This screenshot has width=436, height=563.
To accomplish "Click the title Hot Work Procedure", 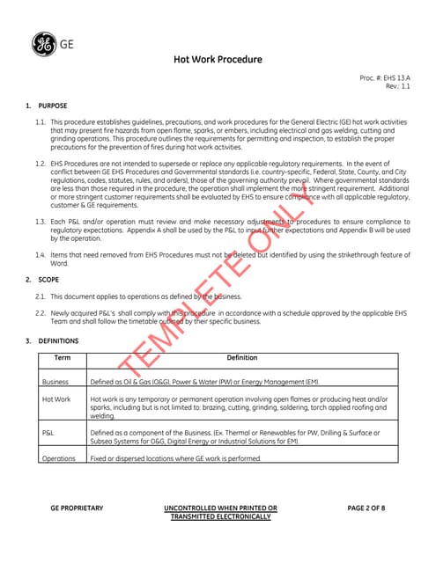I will pyautogui.click(x=218, y=60).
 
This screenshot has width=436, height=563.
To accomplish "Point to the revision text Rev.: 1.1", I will pyautogui.click(x=398, y=86).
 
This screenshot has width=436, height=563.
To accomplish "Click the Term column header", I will pyautogui.click(x=63, y=358).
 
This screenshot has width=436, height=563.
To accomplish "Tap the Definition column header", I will pyautogui.click(x=242, y=358).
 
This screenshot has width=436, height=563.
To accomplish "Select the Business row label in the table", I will pyautogui.click(x=57, y=383).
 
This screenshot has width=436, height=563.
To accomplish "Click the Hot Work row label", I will pyautogui.click(x=57, y=399).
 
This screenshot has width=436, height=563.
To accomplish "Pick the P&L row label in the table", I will pyautogui.click(x=48, y=433).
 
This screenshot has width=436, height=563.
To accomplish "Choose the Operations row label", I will pyautogui.click(x=59, y=458).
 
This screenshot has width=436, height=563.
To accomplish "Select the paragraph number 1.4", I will pyautogui.click(x=40, y=254).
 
